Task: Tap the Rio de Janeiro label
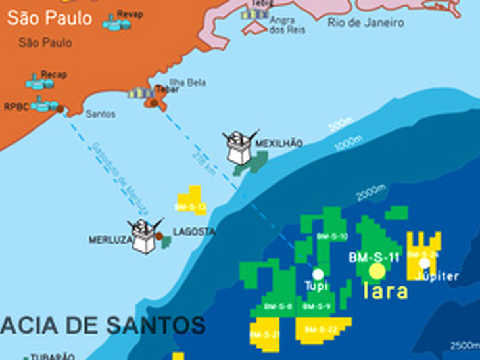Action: (x=366, y=23)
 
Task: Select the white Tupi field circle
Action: (x=318, y=273)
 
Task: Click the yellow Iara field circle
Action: (x=377, y=271)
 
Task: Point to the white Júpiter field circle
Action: (x=424, y=263)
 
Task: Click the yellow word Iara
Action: (x=386, y=292)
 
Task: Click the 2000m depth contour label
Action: (x=371, y=192)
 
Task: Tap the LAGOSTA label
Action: (x=193, y=232)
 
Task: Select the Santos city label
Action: (x=101, y=114)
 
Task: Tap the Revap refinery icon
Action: (x=116, y=23)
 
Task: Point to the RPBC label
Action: (x=16, y=106)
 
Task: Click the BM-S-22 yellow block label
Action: (x=321, y=329)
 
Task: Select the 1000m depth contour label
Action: (x=348, y=144)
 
